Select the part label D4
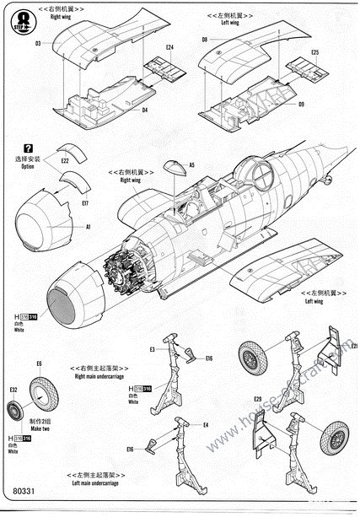point(145,110)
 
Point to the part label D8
point(205,40)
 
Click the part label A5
point(191,165)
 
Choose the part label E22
point(65,158)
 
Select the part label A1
point(89,227)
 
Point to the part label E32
point(13,390)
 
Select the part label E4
point(206,424)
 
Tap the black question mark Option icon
point(29,148)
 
